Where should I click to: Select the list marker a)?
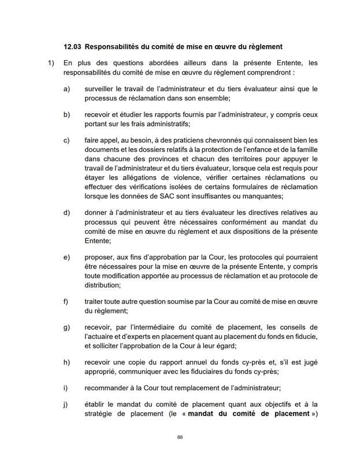click(x=66, y=90)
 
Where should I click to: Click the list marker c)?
click(x=66, y=140)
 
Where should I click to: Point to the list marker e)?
click(x=66, y=256)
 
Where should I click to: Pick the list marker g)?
click(x=66, y=327)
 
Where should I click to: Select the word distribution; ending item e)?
click(x=103, y=285)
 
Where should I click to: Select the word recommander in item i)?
click(x=109, y=388)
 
